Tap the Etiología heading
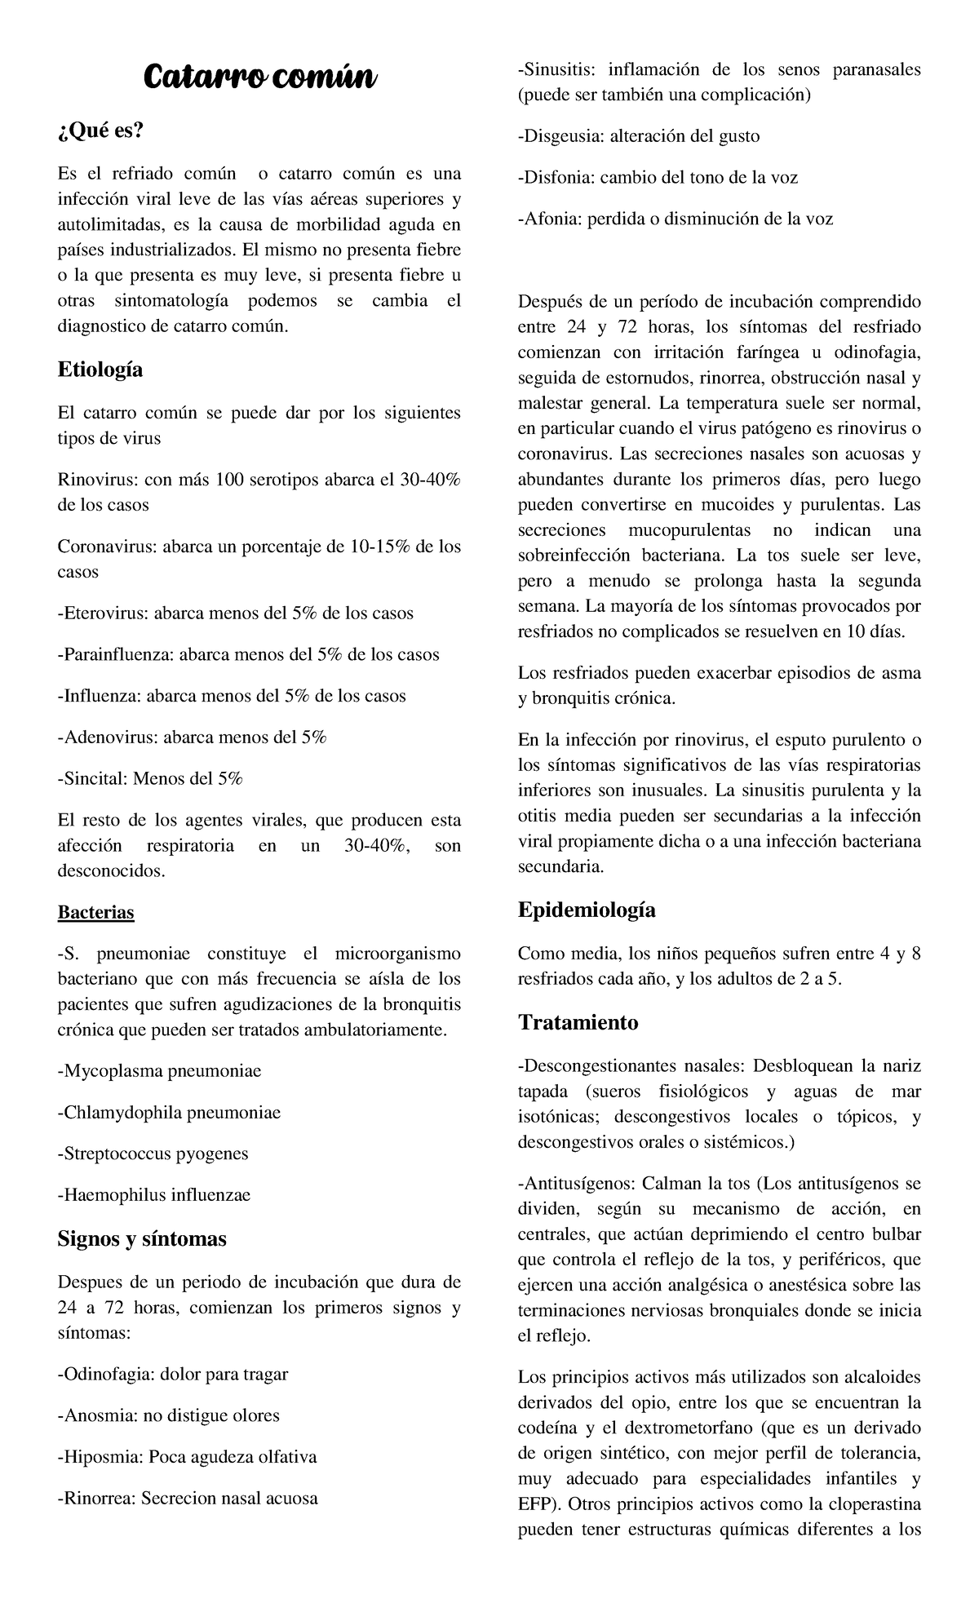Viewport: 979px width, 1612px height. click(100, 370)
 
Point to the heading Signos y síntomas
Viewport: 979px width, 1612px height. click(142, 1238)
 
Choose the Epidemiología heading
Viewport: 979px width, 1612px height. click(587, 910)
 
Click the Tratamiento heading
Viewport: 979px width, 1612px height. click(578, 1022)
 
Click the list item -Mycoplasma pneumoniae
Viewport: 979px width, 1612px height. click(159, 1071)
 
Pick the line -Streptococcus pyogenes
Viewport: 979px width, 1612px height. click(153, 1154)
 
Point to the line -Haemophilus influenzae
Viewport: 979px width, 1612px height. click(153, 1195)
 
